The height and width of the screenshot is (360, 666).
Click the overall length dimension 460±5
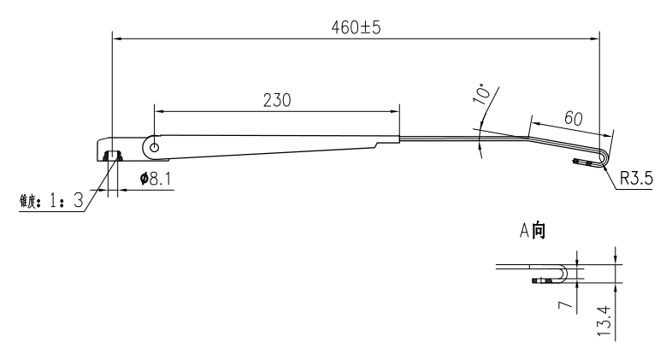pos(355,27)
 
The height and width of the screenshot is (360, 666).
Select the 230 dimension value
pos(276,99)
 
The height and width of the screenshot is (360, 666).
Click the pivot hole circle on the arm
pos(155,147)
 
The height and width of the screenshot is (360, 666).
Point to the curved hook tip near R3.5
pos(606,157)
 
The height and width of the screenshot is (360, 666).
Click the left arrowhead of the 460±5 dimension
pos(117,38)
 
